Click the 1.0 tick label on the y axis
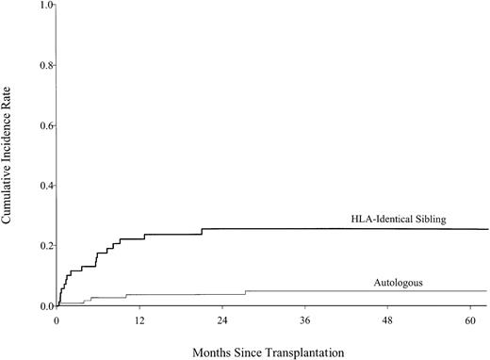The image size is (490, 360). tap(43, 6)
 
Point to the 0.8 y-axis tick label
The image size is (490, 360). tap(43, 66)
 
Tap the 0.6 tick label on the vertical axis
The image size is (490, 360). tap(43, 125)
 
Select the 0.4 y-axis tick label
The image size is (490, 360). tap(43, 186)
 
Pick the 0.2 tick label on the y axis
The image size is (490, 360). tap(43, 246)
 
